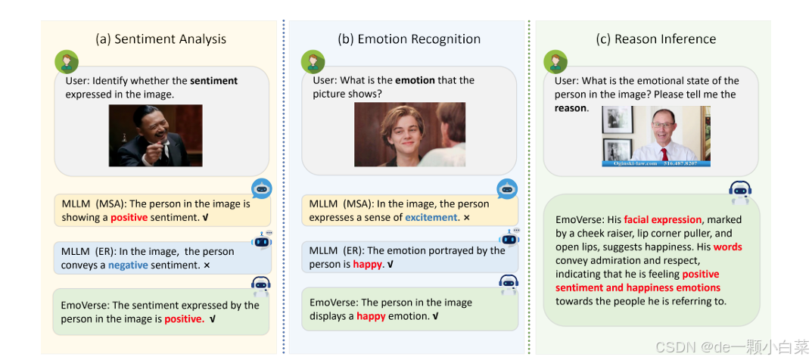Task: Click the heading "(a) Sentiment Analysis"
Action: [x=160, y=39]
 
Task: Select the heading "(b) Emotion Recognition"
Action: [x=409, y=39]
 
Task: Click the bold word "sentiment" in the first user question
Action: [x=213, y=81]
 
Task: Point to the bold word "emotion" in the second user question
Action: [x=415, y=80]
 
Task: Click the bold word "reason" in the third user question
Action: [x=570, y=108]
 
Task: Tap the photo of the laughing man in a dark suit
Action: [x=155, y=135]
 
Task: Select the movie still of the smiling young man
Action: [x=409, y=135]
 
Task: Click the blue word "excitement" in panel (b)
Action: [x=431, y=218]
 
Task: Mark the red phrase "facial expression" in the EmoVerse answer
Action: [x=663, y=220]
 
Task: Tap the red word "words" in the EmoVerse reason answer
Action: [x=727, y=247]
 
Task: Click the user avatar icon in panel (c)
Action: [x=555, y=61]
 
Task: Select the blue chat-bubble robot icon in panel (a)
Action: [x=262, y=189]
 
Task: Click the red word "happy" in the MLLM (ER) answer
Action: [x=368, y=265]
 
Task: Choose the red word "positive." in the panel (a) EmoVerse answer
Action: [x=184, y=319]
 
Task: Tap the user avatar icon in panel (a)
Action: [x=66, y=61]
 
